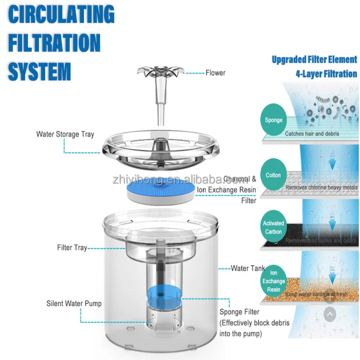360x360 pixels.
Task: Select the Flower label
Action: click(216, 73)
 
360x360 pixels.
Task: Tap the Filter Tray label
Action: click(72, 248)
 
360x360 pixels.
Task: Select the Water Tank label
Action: click(248, 268)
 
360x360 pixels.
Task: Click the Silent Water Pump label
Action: click(74, 303)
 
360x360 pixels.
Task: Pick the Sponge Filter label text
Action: click(240, 312)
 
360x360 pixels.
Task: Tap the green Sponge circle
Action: click(274, 120)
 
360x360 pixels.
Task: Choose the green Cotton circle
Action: click(274, 175)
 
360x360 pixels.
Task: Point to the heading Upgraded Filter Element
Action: click(314, 60)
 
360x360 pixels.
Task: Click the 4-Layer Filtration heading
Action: click(326, 74)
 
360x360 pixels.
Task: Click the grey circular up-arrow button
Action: click(330, 315)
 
